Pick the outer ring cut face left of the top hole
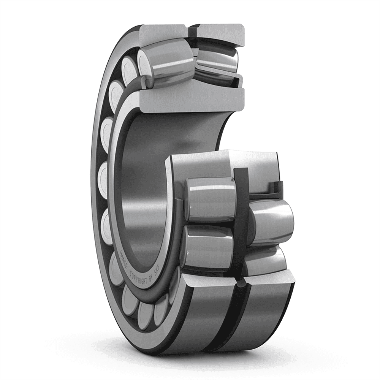pos(163,32)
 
